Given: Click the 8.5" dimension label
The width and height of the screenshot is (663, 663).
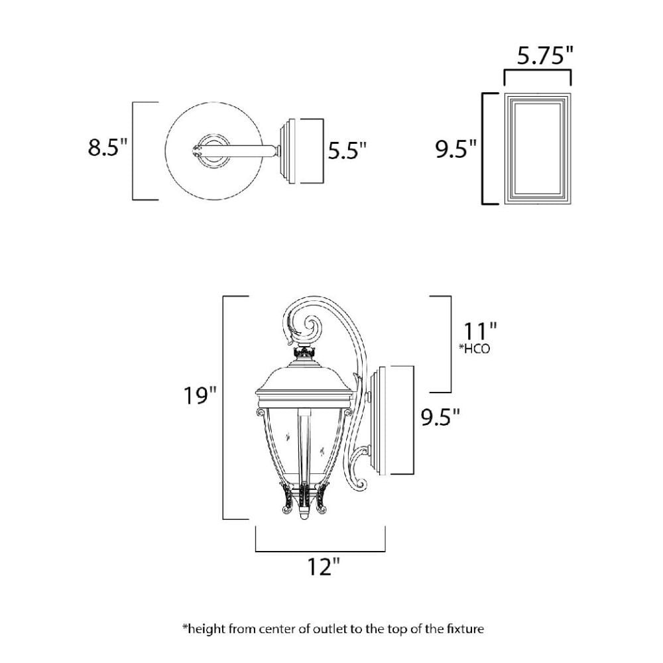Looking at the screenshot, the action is click(107, 148).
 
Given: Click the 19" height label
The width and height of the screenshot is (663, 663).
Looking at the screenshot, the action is click(200, 396).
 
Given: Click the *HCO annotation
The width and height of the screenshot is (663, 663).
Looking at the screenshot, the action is click(475, 349).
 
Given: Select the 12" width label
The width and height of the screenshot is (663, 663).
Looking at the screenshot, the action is click(324, 567).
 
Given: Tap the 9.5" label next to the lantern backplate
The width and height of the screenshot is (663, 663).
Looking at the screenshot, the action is click(440, 417).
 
